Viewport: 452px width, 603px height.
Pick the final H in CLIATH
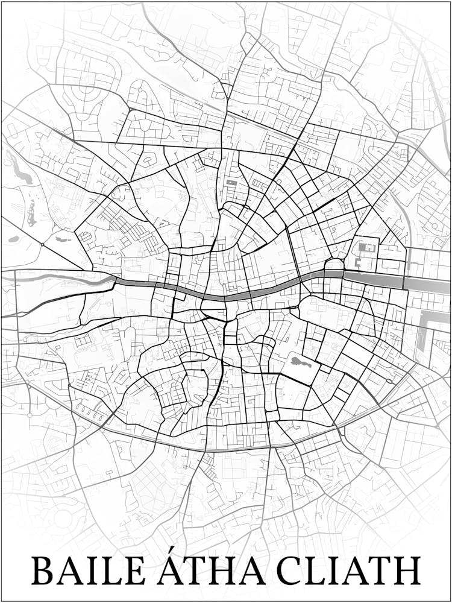pos(407,570)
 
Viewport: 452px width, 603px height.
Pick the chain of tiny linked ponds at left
pos(31,212)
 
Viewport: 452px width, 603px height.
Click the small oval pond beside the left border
pos(13,239)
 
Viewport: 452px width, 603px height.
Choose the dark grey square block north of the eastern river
pos(366,247)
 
